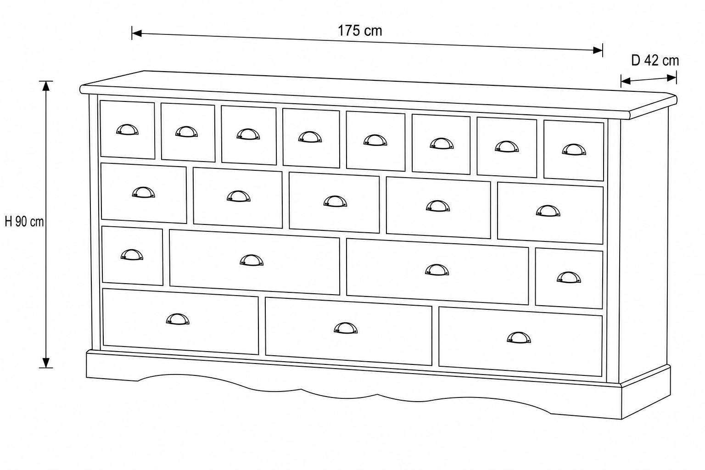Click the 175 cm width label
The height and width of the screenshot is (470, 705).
coord(360,31)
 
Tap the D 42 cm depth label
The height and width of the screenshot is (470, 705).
coord(655,61)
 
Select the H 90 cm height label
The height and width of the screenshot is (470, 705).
coord(24,222)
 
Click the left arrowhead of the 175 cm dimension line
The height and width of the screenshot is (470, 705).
coord(137,33)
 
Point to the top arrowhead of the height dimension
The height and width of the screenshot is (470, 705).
coord(46,86)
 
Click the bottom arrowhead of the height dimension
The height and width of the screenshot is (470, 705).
coord(46,363)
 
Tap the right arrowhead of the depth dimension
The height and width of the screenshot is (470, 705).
coord(671,78)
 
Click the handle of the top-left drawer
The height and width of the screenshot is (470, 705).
coord(127,129)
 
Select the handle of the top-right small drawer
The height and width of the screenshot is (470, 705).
coord(574,150)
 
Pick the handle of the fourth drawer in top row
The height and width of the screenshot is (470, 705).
coord(310,137)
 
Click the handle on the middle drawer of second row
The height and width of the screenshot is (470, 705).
coord(335,201)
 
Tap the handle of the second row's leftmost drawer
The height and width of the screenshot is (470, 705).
coord(143,192)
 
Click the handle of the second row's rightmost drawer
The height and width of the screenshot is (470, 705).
coord(548,211)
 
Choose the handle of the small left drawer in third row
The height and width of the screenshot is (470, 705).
coord(132,255)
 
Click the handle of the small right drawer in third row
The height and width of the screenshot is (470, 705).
coord(569,277)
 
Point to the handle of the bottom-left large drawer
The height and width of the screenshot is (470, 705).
coord(178,319)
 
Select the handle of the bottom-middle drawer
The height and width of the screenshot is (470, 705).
coord(346,328)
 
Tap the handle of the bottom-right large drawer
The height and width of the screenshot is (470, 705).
coord(519,337)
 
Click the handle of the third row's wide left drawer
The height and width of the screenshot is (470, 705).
coord(252,260)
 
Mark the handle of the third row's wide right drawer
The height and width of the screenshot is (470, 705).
coord(437,270)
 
